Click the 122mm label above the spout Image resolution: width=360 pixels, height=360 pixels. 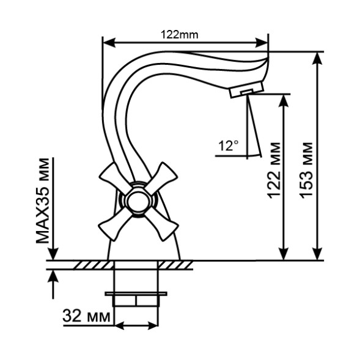179,35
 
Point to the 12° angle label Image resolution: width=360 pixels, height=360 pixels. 228,145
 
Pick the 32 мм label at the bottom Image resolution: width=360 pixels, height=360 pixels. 87,317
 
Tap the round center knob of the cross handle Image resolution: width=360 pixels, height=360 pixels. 137,200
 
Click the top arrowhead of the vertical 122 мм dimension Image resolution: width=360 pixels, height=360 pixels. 283,100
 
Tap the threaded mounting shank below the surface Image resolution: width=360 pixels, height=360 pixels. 137,287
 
